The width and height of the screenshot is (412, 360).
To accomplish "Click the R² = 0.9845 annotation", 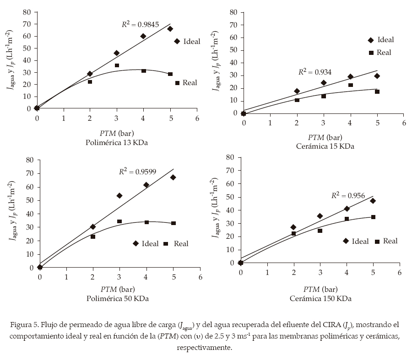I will [x=140, y=25].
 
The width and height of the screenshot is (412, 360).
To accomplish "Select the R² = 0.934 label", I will [x=314, y=72].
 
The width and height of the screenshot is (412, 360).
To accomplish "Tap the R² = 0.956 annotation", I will [x=348, y=196].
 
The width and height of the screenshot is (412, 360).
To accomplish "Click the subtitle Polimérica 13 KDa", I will [x=117, y=142].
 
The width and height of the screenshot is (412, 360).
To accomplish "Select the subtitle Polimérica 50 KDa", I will [x=118, y=298].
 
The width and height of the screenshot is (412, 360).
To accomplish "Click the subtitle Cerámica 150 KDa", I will [x=320, y=298].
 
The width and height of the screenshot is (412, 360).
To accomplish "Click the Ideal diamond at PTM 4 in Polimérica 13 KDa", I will [x=143, y=36].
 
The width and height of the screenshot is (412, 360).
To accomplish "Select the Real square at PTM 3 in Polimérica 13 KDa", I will [x=117, y=65].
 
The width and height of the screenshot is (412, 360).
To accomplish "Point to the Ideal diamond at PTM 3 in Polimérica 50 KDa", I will [x=119, y=195].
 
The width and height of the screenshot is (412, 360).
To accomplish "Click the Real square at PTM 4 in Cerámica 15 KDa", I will [x=350, y=85].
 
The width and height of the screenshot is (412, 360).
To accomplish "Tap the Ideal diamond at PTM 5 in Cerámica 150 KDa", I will [x=373, y=201].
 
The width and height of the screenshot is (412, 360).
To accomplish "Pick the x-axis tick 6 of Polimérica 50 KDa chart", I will [x=200, y=278].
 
